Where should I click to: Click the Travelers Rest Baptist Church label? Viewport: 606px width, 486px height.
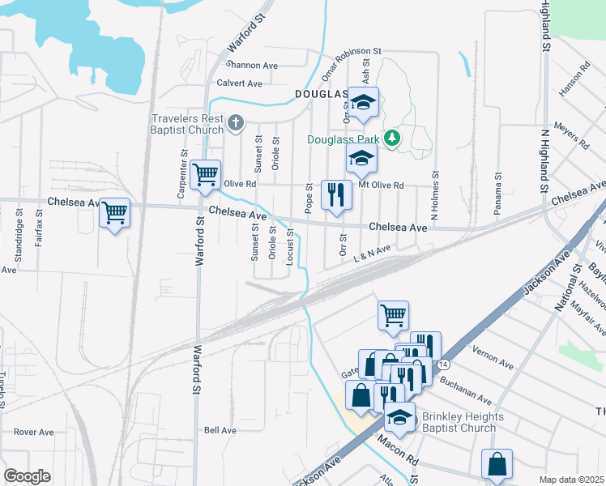pyautogui.click(x=187, y=124)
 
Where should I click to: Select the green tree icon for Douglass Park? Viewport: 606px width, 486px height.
pyautogui.click(x=392, y=139)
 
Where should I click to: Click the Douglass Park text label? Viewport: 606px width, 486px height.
pyautogui.click(x=344, y=139)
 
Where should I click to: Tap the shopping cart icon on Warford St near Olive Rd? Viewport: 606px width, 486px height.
pyautogui.click(x=206, y=173)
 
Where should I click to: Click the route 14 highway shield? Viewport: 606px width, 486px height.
pyautogui.click(x=443, y=365)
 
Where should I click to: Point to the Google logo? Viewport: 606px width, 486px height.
pyautogui.click(x=27, y=476)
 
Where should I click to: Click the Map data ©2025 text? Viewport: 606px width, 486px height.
pyautogui.click(x=572, y=480)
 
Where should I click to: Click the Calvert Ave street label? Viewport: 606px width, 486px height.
pyautogui.click(x=239, y=83)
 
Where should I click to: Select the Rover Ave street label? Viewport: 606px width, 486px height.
pyautogui.click(x=33, y=432)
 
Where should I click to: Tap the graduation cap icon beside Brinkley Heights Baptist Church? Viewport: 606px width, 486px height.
pyautogui.click(x=399, y=417)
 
